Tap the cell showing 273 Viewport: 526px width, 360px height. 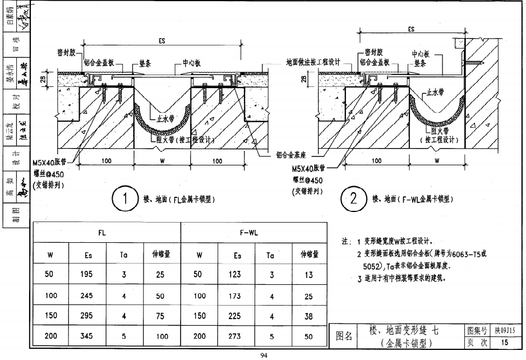[x=235, y=336]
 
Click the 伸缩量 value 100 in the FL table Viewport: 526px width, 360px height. [x=162, y=336]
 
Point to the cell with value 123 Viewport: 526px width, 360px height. [x=235, y=274]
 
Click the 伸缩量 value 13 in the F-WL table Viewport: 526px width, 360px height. [x=308, y=274]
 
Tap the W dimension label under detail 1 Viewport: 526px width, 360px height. [x=162, y=161]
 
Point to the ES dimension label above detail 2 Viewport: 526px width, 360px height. [x=411, y=30]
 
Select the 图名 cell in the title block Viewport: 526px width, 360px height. [x=344, y=336]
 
